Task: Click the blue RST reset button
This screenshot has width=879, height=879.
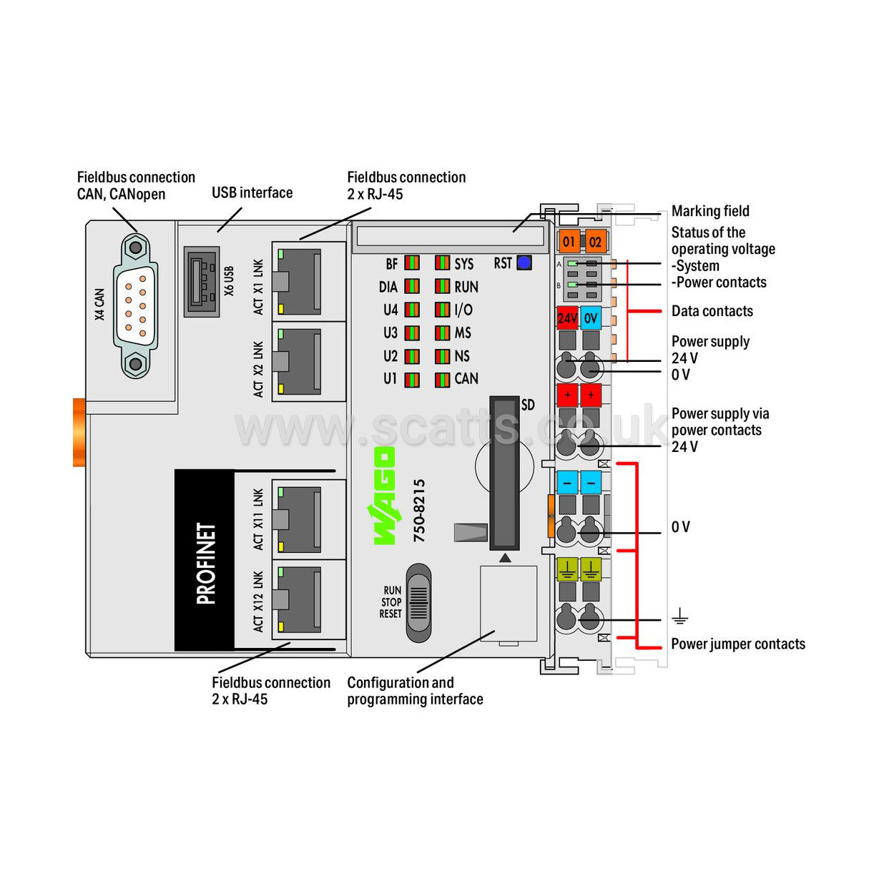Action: coord(524,262)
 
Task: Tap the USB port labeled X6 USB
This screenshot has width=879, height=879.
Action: coord(202,282)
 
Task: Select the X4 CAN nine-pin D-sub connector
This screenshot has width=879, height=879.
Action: coord(136,306)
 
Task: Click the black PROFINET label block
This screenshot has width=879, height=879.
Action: coord(205,561)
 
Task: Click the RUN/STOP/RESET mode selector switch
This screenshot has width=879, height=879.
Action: coord(418,603)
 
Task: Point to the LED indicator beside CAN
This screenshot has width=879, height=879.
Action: coord(442,380)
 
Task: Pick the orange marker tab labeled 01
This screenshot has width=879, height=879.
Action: coord(569,241)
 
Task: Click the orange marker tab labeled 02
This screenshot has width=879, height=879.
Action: coord(595,241)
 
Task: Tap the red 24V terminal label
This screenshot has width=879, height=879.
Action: coord(567,318)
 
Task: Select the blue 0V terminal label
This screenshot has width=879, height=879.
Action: coord(591,318)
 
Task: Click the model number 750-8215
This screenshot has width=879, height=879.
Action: coord(419,510)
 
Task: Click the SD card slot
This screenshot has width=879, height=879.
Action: coord(504,473)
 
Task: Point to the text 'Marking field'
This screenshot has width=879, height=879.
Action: coord(710,211)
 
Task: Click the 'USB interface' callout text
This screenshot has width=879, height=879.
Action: coord(252,193)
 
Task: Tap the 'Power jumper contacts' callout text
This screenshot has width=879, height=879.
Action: coord(738,644)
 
